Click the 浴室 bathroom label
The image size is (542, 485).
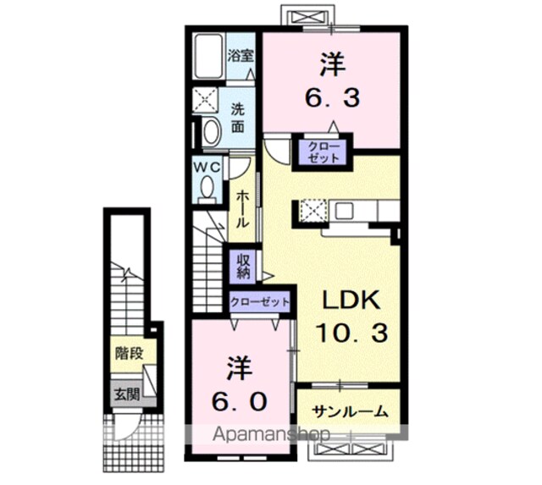point(241,56)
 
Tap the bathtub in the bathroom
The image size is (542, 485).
point(208,57)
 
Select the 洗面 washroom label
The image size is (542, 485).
point(238,118)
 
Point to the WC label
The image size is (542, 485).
point(207,168)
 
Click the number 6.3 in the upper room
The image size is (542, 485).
point(332,97)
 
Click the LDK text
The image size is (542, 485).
point(351,300)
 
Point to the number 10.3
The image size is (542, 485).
point(352,333)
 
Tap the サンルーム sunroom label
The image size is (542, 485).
point(348,411)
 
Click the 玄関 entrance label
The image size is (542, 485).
point(127,394)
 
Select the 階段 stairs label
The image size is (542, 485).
point(130,353)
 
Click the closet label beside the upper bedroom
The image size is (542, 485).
point(324,152)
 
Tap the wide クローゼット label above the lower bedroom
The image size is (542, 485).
point(260,302)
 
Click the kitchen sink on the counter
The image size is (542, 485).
point(344,211)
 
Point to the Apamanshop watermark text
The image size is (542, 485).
point(271,434)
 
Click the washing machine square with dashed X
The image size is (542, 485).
point(205,100)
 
